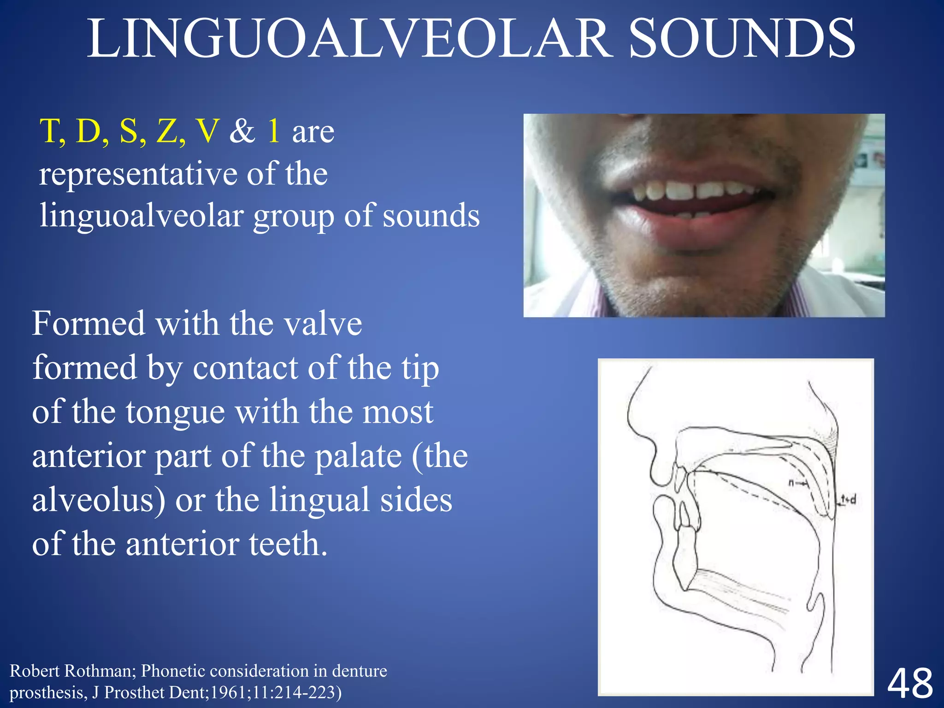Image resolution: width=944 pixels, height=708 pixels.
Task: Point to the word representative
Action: click(x=138, y=175)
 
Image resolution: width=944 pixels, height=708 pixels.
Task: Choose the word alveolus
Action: click(x=98, y=500)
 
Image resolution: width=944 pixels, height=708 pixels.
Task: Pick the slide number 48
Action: click(x=910, y=684)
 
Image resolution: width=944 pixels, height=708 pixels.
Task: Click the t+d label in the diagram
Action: click(x=848, y=499)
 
